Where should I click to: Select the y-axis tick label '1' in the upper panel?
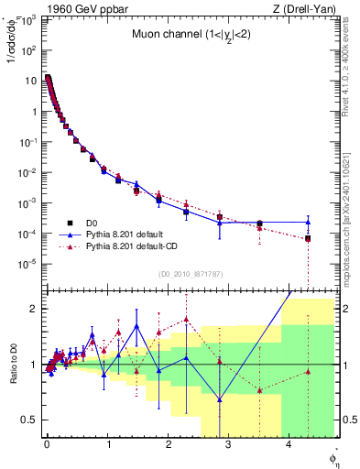(34, 112)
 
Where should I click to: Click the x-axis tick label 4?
(289, 445)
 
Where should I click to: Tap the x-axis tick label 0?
(47, 445)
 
